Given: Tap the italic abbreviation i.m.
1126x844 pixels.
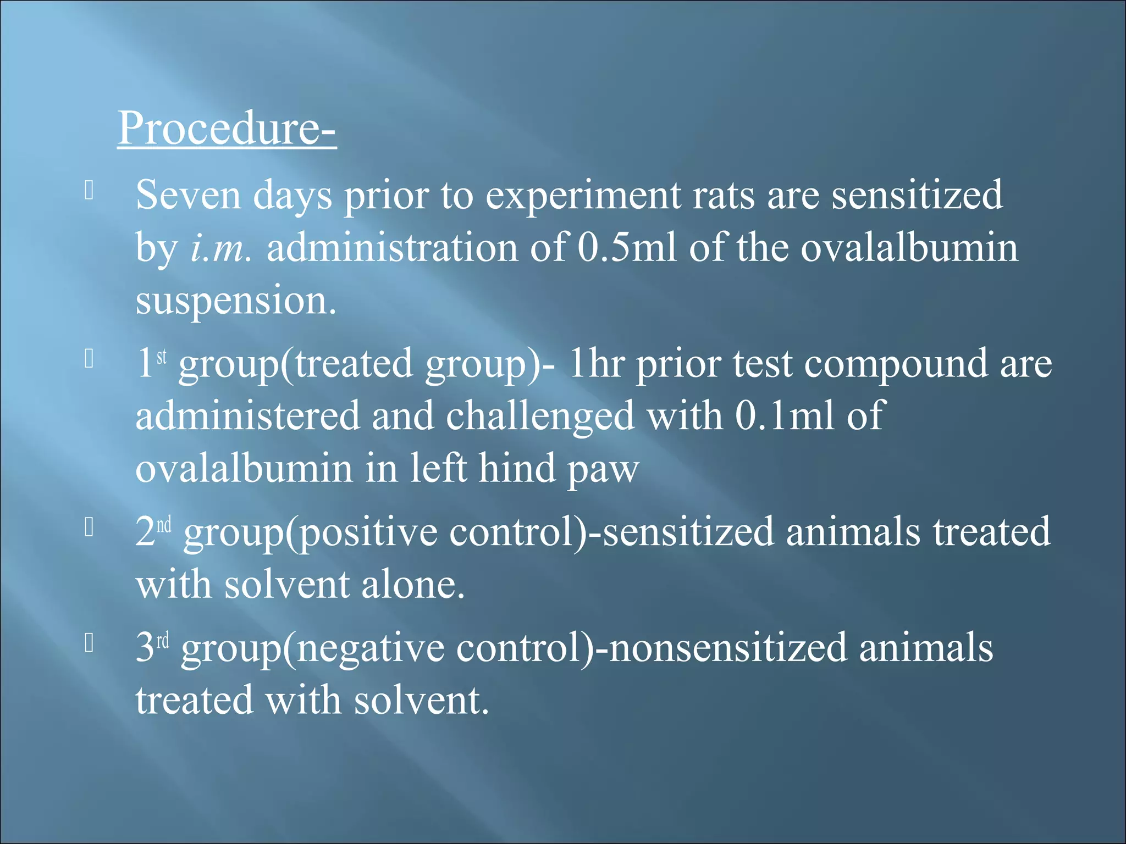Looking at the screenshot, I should [220, 248].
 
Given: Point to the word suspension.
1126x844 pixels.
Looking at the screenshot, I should [235, 301].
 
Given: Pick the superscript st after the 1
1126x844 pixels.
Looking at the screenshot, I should [162, 357].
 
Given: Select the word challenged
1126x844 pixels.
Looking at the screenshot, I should [540, 416].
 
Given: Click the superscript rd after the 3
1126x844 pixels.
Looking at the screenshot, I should [163, 641].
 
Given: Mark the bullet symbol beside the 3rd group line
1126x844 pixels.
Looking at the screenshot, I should [90, 643].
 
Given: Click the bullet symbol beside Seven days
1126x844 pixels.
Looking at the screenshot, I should [90, 191].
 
